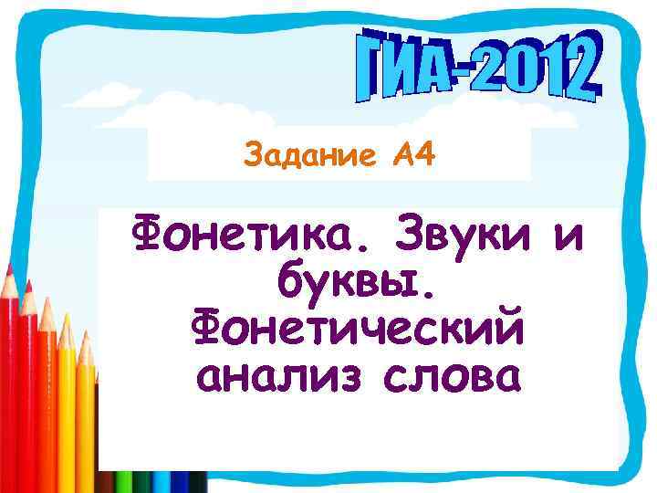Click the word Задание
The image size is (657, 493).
coord(302,158)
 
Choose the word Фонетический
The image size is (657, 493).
coord(358,330)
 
